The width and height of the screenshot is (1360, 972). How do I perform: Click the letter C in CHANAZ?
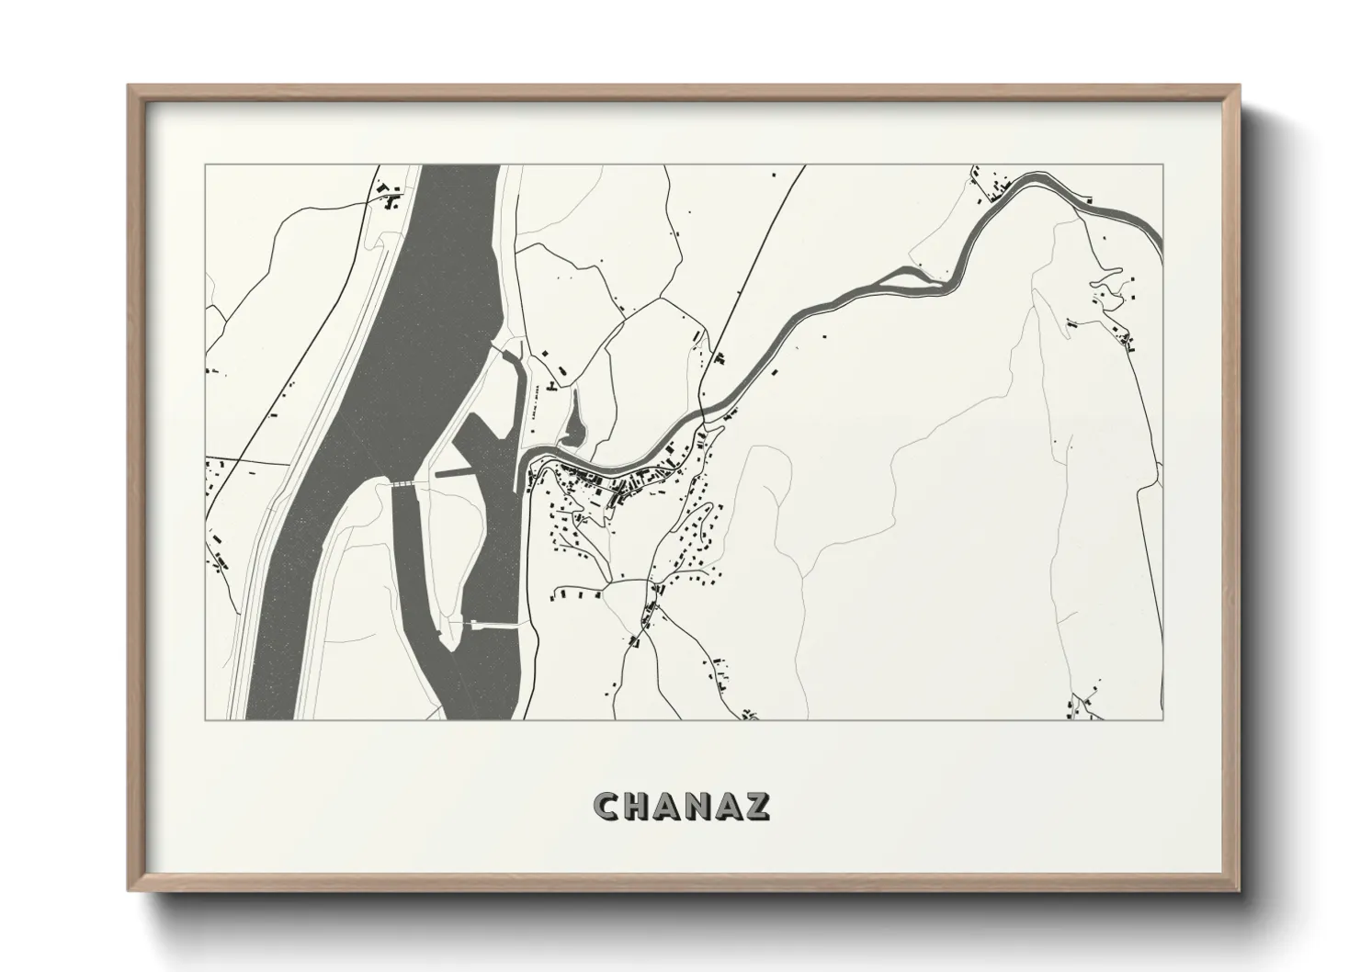click(608, 806)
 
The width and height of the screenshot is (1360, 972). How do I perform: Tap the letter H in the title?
click(640, 806)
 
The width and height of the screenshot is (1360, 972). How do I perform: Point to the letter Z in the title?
click(758, 806)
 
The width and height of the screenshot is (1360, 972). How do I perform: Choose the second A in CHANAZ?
click(730, 806)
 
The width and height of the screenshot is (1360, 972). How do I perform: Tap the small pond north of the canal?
click(575, 424)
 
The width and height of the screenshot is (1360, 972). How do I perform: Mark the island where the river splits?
click(905, 277)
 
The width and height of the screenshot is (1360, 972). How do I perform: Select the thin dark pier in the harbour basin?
click(452, 473)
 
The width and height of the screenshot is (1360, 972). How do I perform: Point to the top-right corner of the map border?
click(1162, 165)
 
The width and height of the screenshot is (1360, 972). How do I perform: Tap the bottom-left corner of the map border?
click(205, 719)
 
